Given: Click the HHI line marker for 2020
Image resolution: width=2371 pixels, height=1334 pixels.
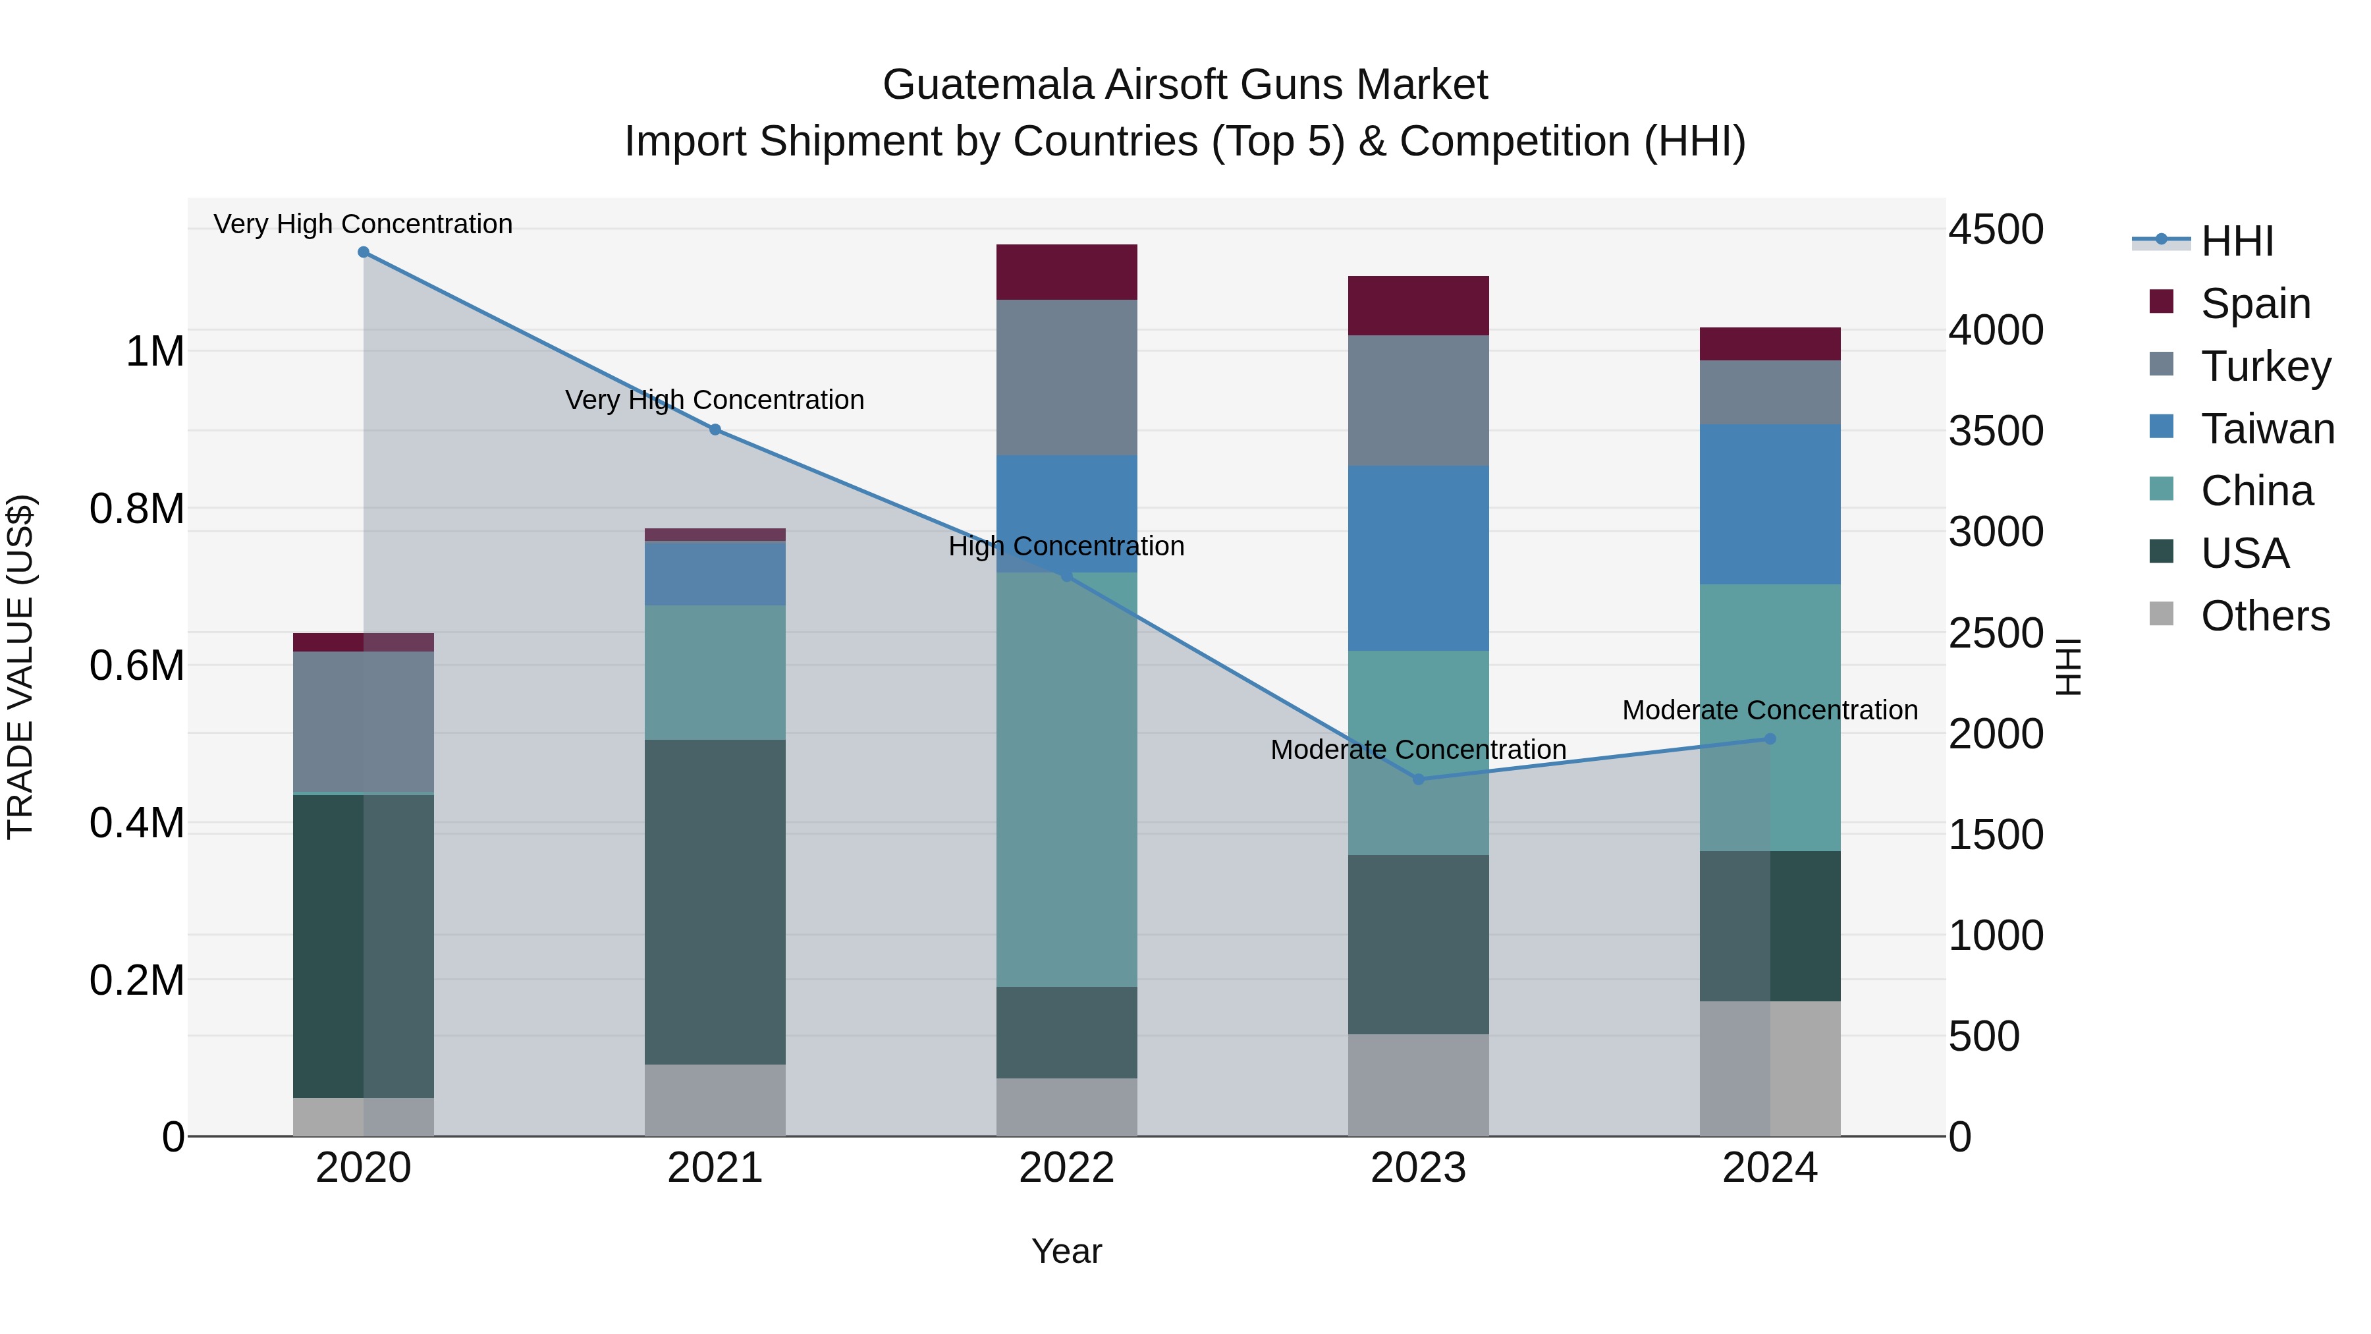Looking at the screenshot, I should [x=364, y=252].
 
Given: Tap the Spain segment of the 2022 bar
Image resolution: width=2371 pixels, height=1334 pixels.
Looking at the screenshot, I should [x=1067, y=273].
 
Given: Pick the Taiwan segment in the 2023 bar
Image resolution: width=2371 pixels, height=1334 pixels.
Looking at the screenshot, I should [x=1419, y=559].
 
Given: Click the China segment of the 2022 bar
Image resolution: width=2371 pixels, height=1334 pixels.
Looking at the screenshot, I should [x=1067, y=781].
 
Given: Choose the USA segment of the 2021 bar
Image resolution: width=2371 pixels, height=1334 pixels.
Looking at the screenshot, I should [x=715, y=903].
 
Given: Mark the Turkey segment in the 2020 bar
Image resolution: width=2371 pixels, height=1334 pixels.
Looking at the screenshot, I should [x=364, y=722].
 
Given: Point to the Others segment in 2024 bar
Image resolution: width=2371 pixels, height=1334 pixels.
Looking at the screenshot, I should [x=1770, y=1069].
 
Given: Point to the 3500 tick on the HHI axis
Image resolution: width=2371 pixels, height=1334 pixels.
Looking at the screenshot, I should [x=1996, y=431].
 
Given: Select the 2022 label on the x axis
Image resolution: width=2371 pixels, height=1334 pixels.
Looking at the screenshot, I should [x=1067, y=1168].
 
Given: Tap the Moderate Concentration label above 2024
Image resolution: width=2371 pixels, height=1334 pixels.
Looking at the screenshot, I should [x=1769, y=709].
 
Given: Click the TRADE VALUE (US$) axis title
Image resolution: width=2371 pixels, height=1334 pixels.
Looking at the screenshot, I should [x=20, y=667].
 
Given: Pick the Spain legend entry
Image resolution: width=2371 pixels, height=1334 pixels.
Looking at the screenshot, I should [x=2255, y=303].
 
